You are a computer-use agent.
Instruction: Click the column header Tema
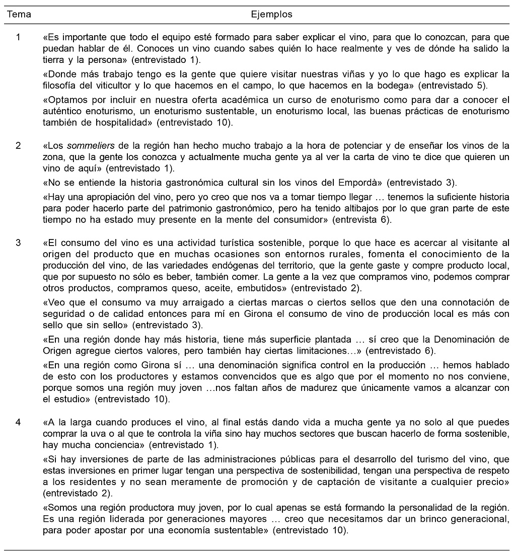coord(18,15)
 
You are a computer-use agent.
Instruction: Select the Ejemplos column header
coord(271,15)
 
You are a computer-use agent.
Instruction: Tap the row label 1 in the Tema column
coord(18,37)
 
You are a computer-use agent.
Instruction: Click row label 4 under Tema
coord(18,422)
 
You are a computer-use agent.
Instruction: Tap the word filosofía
coord(60,84)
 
